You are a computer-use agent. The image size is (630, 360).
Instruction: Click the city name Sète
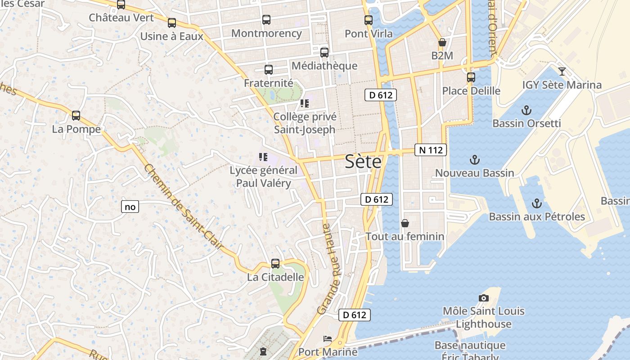363,162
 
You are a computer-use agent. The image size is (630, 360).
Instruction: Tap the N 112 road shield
431,150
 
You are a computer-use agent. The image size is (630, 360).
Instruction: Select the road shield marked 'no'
130,207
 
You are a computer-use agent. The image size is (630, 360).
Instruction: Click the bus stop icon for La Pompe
76,116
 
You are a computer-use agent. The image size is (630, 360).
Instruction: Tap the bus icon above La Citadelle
275,264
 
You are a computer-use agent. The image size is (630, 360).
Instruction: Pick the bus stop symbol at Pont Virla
369,20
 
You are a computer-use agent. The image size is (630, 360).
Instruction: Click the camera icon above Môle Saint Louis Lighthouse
484,298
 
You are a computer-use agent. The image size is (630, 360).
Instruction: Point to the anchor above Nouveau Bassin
474,160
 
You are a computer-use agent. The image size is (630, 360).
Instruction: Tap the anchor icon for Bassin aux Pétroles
536,203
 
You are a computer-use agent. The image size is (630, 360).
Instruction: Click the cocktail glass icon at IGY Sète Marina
562,71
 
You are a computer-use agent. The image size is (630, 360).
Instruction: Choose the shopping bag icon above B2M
442,42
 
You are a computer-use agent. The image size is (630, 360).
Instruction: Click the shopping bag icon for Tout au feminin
405,223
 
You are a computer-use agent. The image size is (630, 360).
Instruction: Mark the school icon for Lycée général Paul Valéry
263,157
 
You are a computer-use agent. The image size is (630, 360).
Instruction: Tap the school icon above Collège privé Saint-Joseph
305,103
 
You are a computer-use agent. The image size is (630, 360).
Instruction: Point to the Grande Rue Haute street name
330,269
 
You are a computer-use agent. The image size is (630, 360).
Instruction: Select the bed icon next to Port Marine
328,338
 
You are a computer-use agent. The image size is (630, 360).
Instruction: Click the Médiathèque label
324,66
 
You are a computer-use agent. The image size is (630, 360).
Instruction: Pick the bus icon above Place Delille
471,77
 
